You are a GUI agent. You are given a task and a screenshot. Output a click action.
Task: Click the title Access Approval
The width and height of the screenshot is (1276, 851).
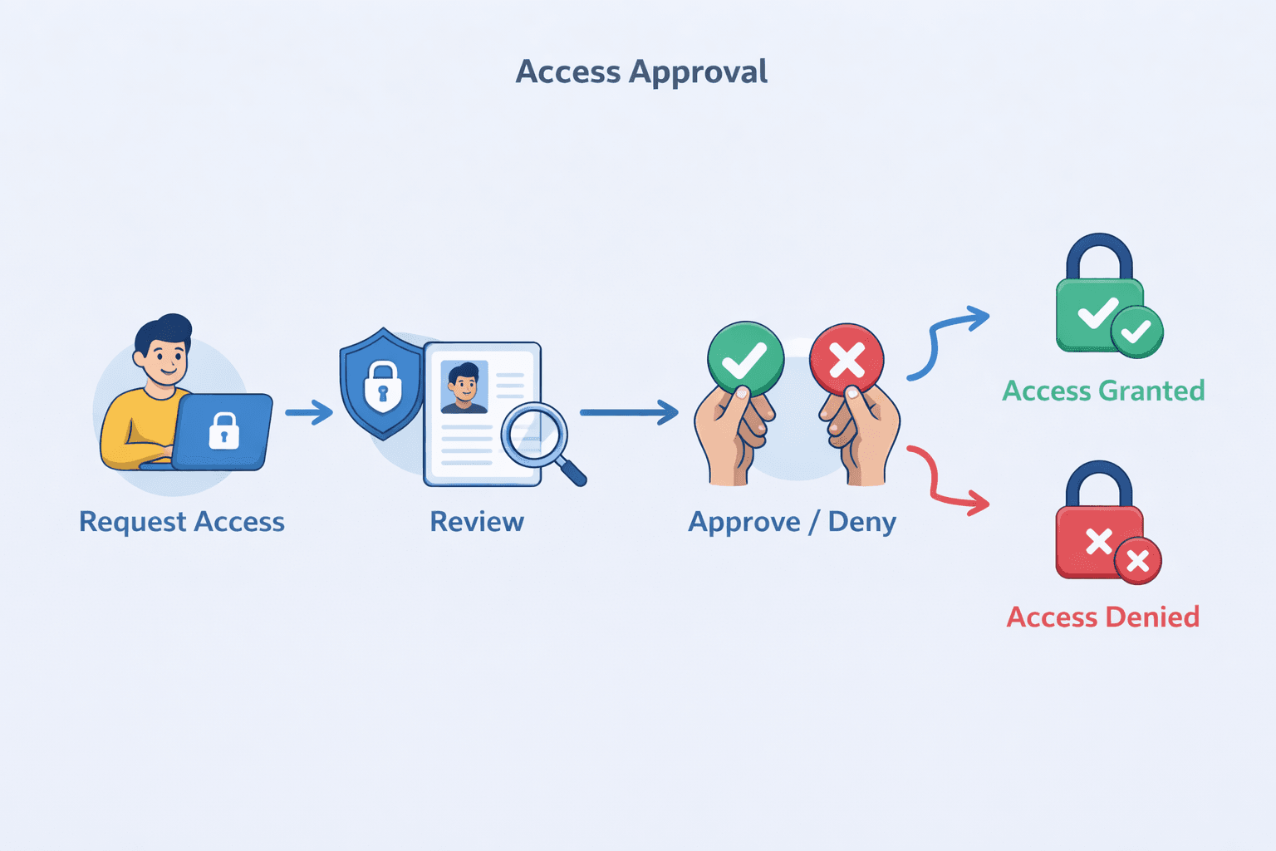pyautogui.click(x=641, y=72)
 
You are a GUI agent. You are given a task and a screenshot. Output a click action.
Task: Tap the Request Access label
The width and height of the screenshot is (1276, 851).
pyautogui.click(x=182, y=522)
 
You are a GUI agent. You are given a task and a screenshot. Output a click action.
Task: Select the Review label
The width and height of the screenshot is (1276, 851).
pyautogui.click(x=477, y=522)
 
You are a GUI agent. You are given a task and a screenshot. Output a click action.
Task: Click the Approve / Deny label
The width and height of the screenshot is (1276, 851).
pyautogui.click(x=792, y=522)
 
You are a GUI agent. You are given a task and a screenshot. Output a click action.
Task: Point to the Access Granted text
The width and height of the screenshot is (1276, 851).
pyautogui.click(x=1103, y=391)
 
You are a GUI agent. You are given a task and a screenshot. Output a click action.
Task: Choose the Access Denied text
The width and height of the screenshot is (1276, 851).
pyautogui.click(x=1103, y=617)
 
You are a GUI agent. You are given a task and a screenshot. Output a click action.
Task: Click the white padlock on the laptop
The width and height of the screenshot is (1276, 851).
pyautogui.click(x=223, y=430)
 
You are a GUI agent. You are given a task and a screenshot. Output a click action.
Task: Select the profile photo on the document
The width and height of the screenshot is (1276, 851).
pyautogui.click(x=464, y=386)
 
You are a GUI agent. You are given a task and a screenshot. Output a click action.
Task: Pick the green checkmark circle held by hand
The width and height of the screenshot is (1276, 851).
pyautogui.click(x=745, y=359)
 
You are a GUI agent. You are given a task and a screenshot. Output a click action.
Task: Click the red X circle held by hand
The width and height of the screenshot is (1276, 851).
pyautogui.click(x=847, y=360)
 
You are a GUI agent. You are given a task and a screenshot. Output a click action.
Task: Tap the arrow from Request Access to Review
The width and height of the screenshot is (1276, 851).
pyautogui.click(x=308, y=411)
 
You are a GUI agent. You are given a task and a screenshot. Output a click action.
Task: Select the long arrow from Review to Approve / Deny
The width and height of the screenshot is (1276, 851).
pyautogui.click(x=628, y=412)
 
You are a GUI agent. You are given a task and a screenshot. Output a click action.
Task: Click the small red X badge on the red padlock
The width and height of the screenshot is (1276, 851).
pyautogui.click(x=1137, y=561)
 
